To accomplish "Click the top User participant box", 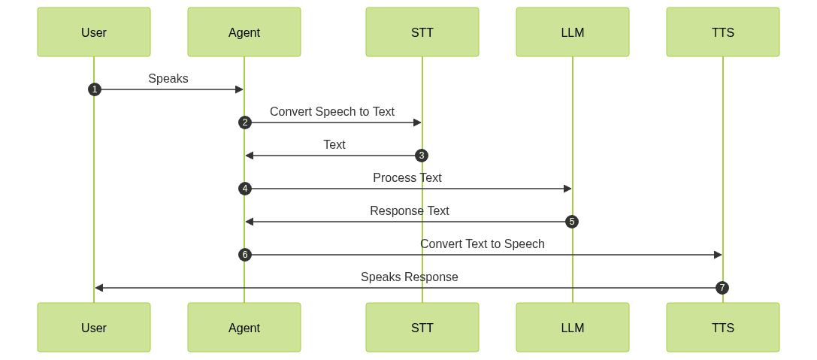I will pyautogui.click(x=94, y=32).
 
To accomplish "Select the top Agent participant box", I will pyautogui.click(x=244, y=32).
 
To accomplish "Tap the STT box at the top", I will pyautogui.click(x=422, y=32).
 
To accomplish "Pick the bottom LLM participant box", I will pyautogui.click(x=573, y=328).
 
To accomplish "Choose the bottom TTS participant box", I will pyautogui.click(x=723, y=328).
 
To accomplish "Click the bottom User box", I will pyautogui.click(x=94, y=328).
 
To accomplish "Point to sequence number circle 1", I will pyautogui.click(x=94, y=89).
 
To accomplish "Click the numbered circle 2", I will pyautogui.click(x=244, y=123).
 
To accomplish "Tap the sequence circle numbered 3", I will pyautogui.click(x=422, y=156).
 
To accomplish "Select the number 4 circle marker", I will pyautogui.click(x=244, y=189).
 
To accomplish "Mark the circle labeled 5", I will pyautogui.click(x=573, y=222).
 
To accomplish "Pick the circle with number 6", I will pyautogui.click(x=244, y=255).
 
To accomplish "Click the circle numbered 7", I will pyautogui.click(x=723, y=288).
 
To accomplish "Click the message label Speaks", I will pyautogui.click(x=168, y=78).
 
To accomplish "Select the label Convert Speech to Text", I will pyautogui.click(x=332, y=111).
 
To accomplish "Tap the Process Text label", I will pyautogui.click(x=407, y=177).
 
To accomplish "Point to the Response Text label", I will pyautogui.click(x=410, y=210).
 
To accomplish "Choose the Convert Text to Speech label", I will pyautogui.click(x=483, y=244).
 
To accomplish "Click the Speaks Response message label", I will pyautogui.click(x=410, y=277).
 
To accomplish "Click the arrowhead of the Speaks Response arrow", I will pyautogui.click(x=98, y=288).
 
